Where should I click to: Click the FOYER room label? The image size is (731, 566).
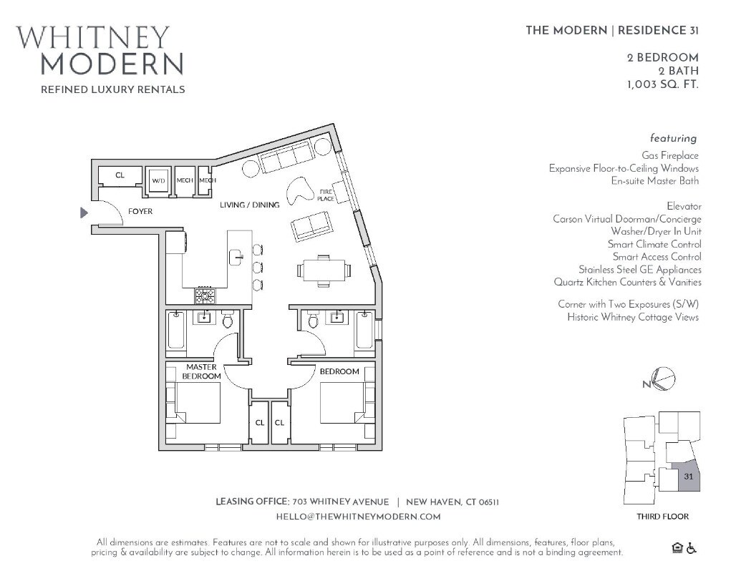pos(140,212)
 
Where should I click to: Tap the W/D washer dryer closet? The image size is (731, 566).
pos(158,181)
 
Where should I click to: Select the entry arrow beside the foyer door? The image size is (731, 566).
pos(84,213)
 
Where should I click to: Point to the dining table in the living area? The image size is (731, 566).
pos(324,270)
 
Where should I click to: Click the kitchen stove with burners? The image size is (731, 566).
pos(205,295)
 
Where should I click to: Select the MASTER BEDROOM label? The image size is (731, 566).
pos(200,371)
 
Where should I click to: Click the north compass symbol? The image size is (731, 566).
pos(663,380)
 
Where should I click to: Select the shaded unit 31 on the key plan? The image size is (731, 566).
pos(688,477)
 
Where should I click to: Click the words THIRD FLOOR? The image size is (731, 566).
pos(662,517)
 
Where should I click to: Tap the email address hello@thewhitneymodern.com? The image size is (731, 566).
pos(358,516)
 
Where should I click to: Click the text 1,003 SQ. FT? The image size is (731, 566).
pos(662,84)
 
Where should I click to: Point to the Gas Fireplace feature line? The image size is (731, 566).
pos(669,155)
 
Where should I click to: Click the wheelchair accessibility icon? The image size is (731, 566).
pos(692,548)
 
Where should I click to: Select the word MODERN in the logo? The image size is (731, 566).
pos(112,64)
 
